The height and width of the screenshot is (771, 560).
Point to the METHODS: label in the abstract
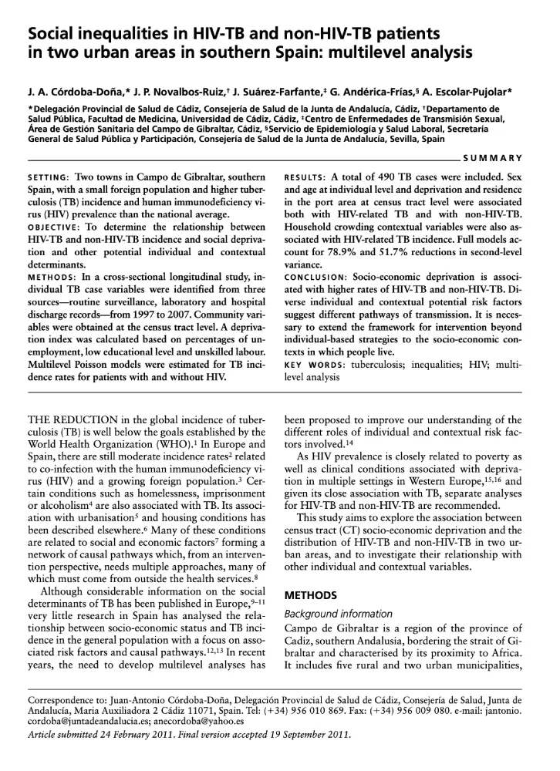pos(53,271)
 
